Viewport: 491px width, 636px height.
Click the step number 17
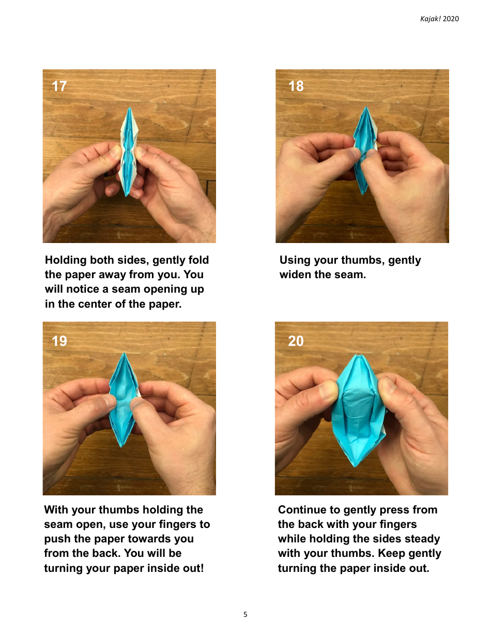tap(59, 86)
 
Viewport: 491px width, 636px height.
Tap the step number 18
tap(296, 86)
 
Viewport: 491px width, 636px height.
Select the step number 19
tap(59, 341)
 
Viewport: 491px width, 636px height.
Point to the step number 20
tap(296, 341)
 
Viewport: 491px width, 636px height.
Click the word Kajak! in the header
tap(431, 19)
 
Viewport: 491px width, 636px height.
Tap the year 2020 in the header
tap(451, 19)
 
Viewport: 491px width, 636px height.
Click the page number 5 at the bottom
tap(245, 615)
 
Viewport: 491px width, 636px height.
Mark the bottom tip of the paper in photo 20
tap(355, 466)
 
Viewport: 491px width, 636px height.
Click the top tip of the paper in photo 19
tap(124, 353)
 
